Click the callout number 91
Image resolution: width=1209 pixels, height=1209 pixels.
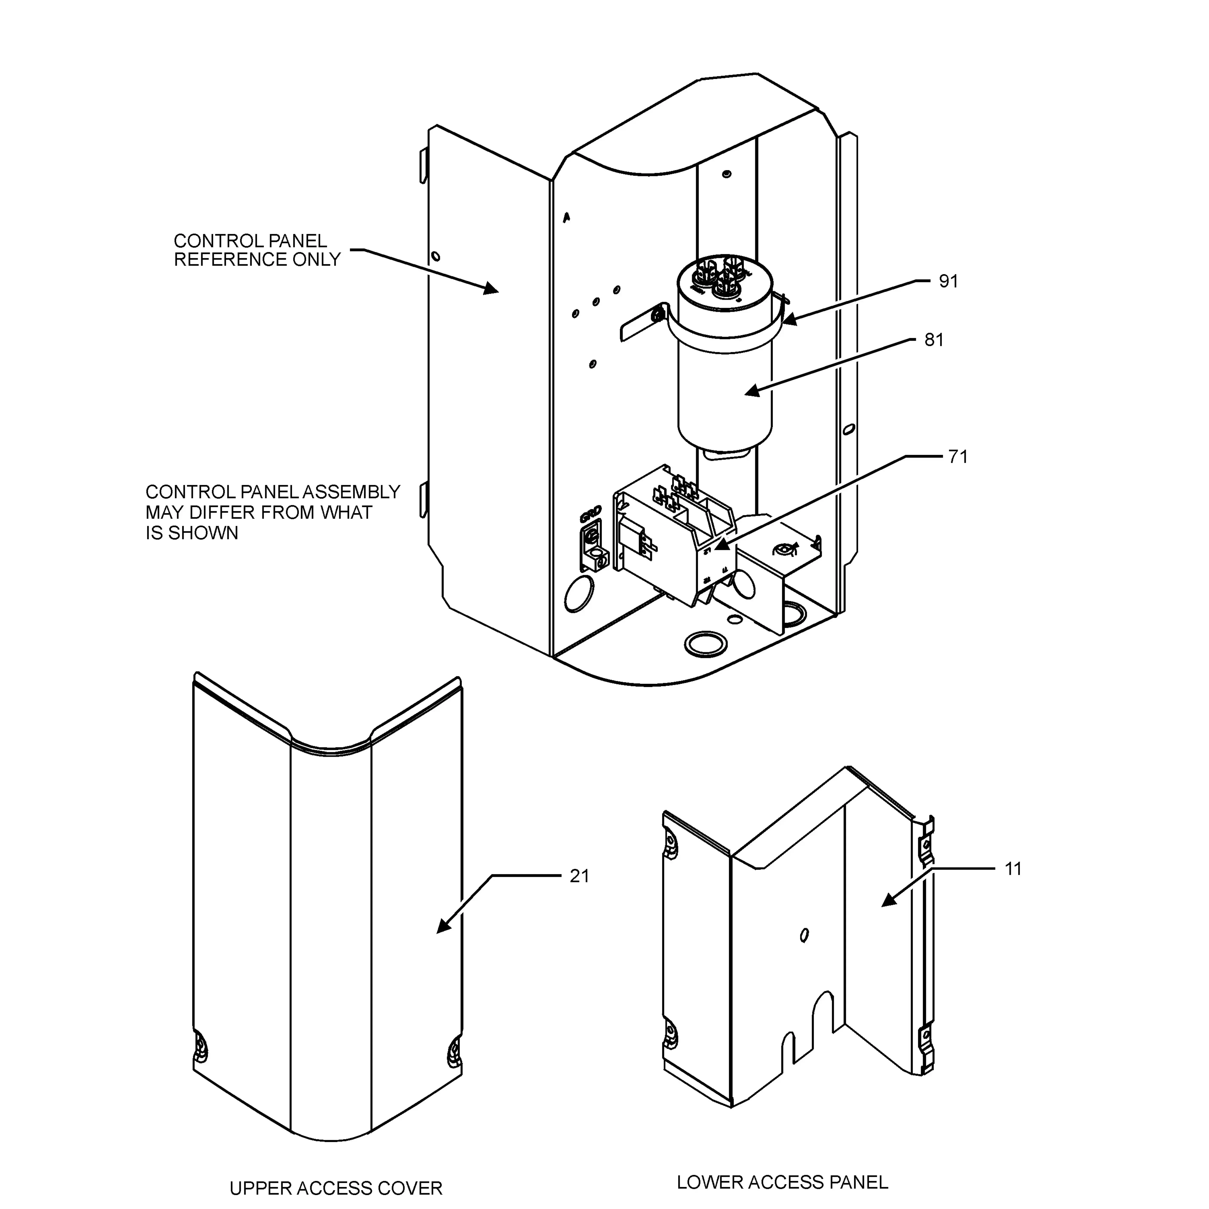point(948,282)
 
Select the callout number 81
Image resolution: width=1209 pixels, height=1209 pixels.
point(934,340)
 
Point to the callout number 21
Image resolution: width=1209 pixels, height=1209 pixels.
point(579,876)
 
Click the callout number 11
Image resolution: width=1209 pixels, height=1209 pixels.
point(1013,869)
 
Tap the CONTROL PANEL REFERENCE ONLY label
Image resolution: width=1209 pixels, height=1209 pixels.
point(257,250)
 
